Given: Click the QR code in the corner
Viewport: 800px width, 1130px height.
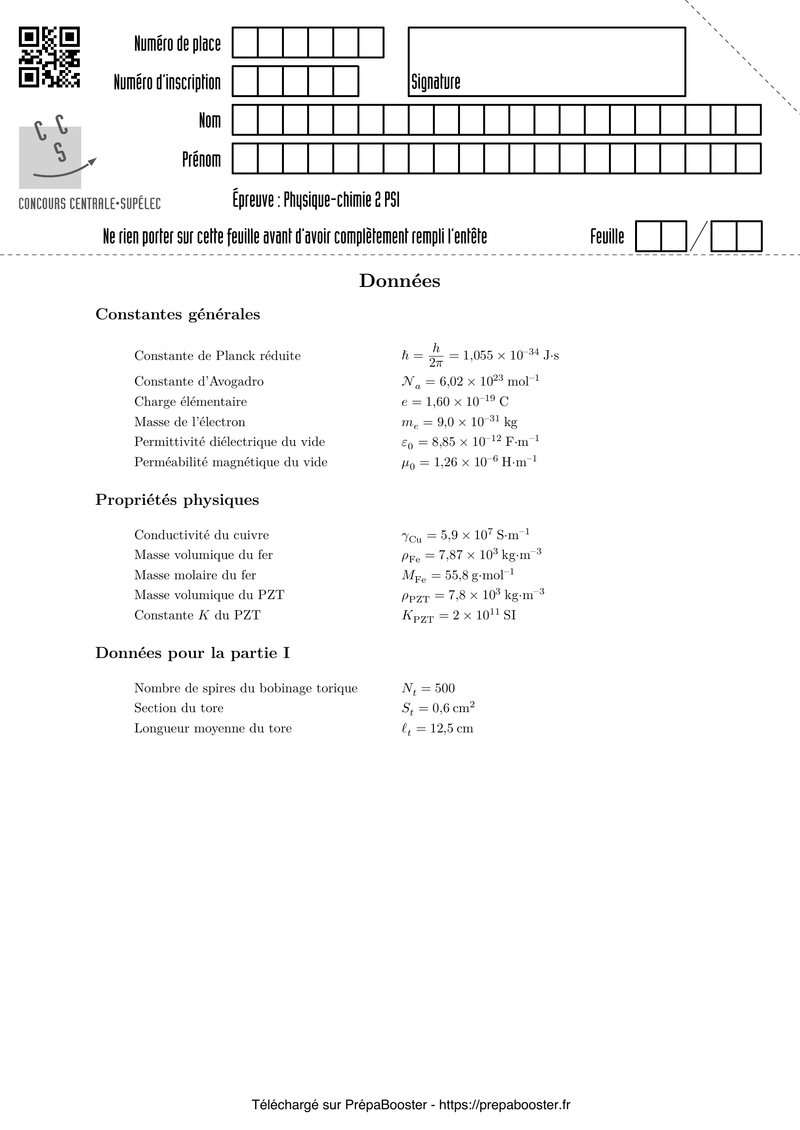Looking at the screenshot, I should tap(49, 57).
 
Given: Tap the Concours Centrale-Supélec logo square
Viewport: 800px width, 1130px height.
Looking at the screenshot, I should tap(50, 157).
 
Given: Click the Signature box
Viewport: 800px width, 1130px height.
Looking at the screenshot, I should tap(547, 61).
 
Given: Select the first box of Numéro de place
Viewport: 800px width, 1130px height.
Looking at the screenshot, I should tap(245, 43).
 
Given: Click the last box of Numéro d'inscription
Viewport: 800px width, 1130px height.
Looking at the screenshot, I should tap(346, 81).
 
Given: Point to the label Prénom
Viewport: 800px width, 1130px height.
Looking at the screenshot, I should tap(202, 159).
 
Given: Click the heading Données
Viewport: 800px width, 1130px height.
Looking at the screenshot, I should tap(400, 281).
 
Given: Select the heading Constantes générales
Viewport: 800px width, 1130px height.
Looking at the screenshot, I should tap(178, 315).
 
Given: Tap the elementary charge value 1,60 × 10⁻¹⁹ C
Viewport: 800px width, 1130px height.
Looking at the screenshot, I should tap(455, 401).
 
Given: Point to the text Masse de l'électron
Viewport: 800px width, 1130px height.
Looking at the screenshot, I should tap(190, 422).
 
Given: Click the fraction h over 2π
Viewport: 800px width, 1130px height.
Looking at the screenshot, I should tap(436, 356).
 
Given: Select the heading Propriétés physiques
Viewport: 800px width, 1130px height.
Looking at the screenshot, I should tap(177, 500).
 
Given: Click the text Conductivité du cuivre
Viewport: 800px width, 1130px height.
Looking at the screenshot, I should tap(202, 535).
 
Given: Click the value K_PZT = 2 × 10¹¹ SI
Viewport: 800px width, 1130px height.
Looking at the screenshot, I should tap(459, 615).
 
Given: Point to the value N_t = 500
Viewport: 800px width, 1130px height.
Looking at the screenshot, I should tap(428, 688).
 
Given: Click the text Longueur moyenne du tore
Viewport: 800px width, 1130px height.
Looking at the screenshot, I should tap(213, 729).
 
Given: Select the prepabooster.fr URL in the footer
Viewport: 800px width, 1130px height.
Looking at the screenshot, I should tap(504, 1105).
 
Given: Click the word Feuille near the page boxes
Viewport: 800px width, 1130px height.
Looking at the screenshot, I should tap(607, 237).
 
